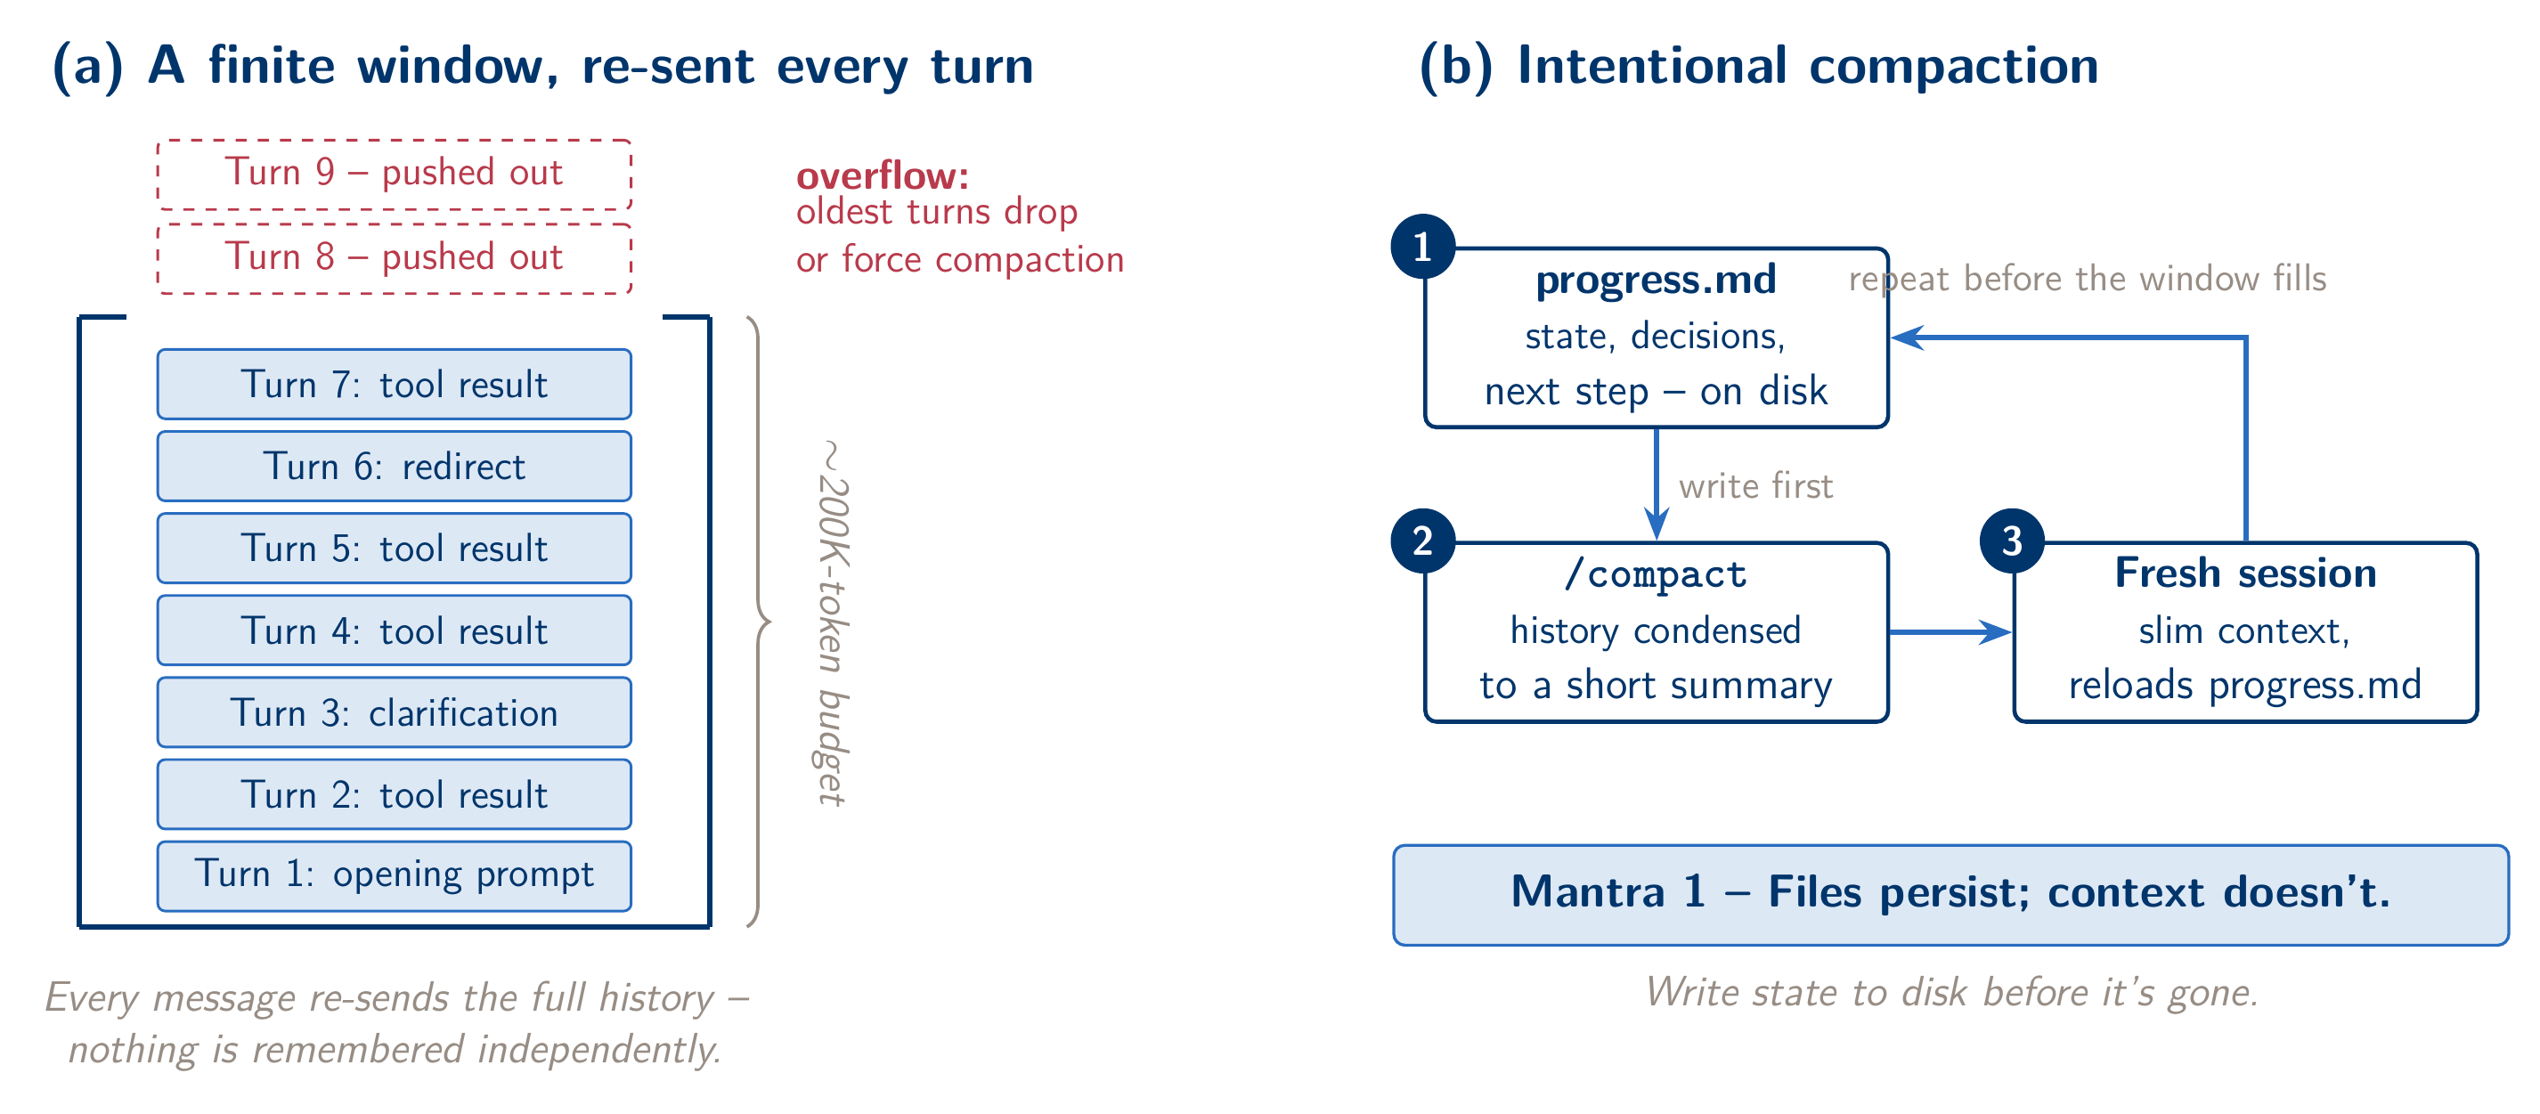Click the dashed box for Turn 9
(395, 174)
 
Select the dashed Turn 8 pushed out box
(395, 258)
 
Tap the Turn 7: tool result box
(395, 385)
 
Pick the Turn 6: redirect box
(395, 467)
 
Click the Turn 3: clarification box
(395, 712)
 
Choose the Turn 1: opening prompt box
(395, 876)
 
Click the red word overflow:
(883, 175)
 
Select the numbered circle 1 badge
(1423, 247)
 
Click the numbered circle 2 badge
(1423, 541)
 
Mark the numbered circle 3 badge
(2013, 541)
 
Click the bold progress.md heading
(1656, 280)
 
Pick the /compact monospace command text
(1656, 573)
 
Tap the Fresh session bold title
(2245, 573)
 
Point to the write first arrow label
(1755, 486)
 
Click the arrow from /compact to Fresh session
(1950, 632)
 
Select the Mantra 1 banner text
(1950, 892)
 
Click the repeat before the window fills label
(2088, 279)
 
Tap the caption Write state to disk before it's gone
(1951, 993)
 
